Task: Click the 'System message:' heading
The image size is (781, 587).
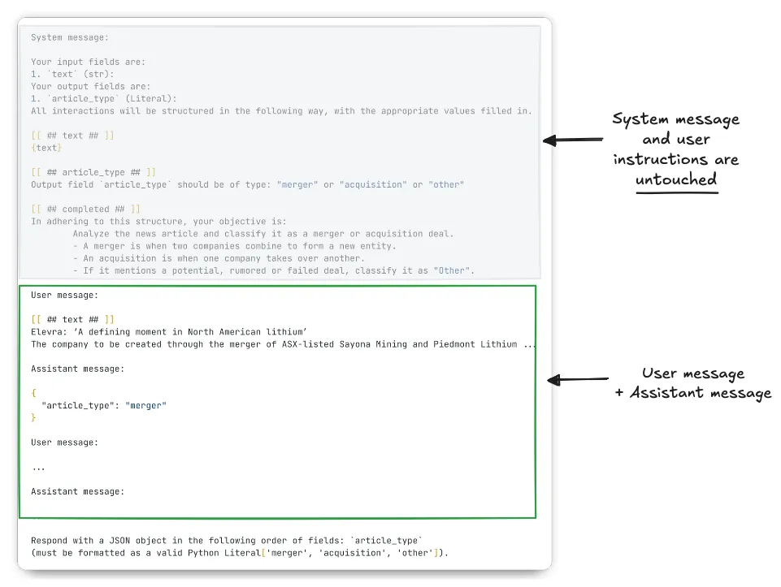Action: coord(70,37)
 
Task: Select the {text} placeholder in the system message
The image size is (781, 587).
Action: coord(46,148)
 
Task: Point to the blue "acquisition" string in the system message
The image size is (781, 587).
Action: coord(371,184)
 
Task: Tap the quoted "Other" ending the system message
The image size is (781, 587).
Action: coord(453,270)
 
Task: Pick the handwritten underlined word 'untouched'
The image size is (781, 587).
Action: coord(676,179)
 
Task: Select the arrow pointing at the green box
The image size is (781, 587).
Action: coord(579,379)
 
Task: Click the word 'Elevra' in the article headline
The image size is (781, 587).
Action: coord(46,331)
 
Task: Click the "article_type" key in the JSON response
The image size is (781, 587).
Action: coord(78,405)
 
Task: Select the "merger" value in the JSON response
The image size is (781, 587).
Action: coord(146,405)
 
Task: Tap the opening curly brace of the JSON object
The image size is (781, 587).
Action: coord(33,392)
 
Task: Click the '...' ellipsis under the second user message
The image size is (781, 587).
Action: coord(38,467)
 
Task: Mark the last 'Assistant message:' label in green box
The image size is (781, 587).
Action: coord(77,491)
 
